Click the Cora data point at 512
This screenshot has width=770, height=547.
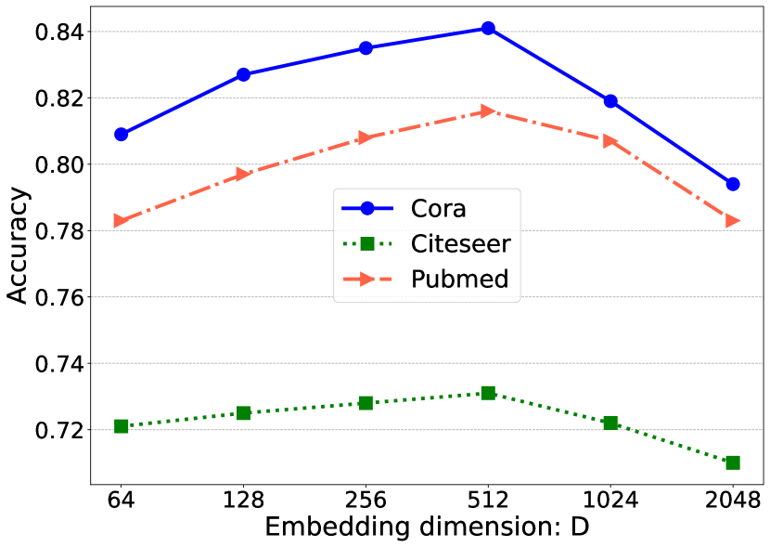pyautogui.click(x=488, y=29)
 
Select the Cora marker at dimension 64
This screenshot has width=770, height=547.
pyautogui.click(x=121, y=135)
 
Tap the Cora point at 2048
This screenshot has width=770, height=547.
pyautogui.click(x=733, y=184)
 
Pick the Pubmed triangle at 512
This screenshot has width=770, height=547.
pyautogui.click(x=488, y=111)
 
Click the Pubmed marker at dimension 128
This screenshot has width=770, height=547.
pyautogui.click(x=243, y=174)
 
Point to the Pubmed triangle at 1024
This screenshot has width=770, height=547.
pyautogui.click(x=610, y=141)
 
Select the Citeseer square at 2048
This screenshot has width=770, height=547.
pyautogui.click(x=733, y=462)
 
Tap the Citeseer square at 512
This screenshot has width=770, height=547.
pyautogui.click(x=488, y=393)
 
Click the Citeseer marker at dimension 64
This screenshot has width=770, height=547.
pyautogui.click(x=121, y=426)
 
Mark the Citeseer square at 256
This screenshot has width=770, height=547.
pyautogui.click(x=366, y=403)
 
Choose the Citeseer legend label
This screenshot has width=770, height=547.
pyautogui.click(x=460, y=244)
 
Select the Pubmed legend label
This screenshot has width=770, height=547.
pyautogui.click(x=459, y=279)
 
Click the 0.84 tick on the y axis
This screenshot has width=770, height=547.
pyautogui.click(x=58, y=33)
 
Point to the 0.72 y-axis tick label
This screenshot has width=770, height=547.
pyautogui.click(x=58, y=431)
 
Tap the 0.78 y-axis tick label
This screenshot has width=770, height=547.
pyautogui.click(x=58, y=231)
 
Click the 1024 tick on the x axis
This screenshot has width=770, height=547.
pyautogui.click(x=610, y=501)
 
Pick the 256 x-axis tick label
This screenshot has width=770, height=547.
pyautogui.click(x=366, y=501)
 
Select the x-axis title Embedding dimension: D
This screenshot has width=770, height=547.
pyautogui.click(x=427, y=527)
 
